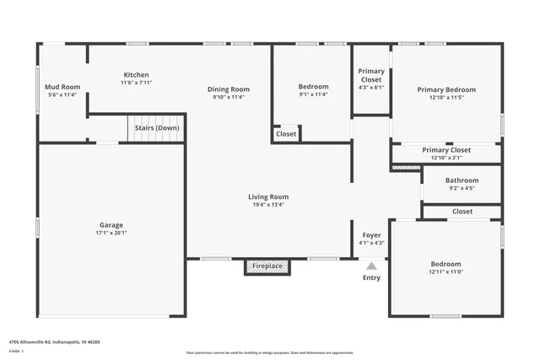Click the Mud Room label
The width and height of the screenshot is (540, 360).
click(x=62, y=87)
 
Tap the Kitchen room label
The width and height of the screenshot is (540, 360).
click(x=136, y=75)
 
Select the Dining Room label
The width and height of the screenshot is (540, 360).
click(x=229, y=89)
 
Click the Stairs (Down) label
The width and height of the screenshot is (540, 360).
click(x=156, y=128)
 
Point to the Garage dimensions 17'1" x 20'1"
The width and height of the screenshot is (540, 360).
click(x=111, y=234)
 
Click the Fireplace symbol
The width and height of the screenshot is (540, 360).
click(x=267, y=266)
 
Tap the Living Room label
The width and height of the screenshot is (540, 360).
click(x=267, y=196)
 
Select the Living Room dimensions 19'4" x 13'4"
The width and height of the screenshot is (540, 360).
click(x=267, y=205)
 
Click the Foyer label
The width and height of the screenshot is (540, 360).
click(x=371, y=235)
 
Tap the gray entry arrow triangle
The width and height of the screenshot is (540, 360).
click(x=371, y=265)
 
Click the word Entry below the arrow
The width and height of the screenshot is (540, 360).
click(x=371, y=277)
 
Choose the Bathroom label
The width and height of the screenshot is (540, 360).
click(x=462, y=180)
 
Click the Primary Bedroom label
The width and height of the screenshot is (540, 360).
click(x=446, y=89)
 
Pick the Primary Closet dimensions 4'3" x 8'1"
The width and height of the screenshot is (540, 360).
click(x=371, y=87)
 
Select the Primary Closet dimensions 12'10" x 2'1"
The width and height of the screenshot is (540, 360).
click(x=446, y=158)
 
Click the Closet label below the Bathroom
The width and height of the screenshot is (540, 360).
click(x=462, y=212)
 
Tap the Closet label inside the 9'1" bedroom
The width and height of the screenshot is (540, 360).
click(x=286, y=133)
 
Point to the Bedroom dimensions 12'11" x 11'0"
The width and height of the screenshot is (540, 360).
click(x=446, y=272)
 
